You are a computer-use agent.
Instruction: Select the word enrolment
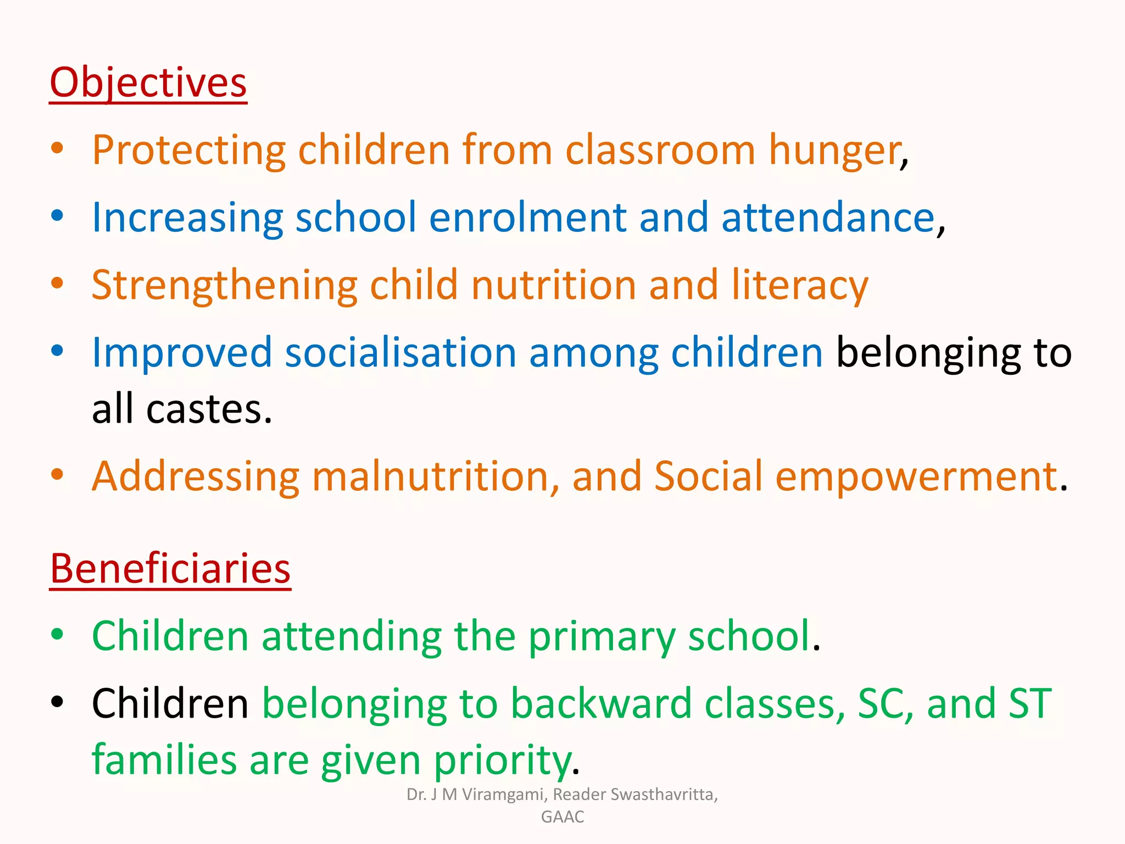point(527,218)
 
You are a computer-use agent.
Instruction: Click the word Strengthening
point(225,286)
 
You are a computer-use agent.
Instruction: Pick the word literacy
point(799,286)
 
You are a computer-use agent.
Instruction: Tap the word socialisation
point(400,353)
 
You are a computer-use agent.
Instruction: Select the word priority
point(502,761)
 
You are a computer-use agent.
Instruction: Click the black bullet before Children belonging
point(57,702)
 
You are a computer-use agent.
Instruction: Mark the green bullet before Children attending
point(57,634)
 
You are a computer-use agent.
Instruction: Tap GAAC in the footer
point(562,817)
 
